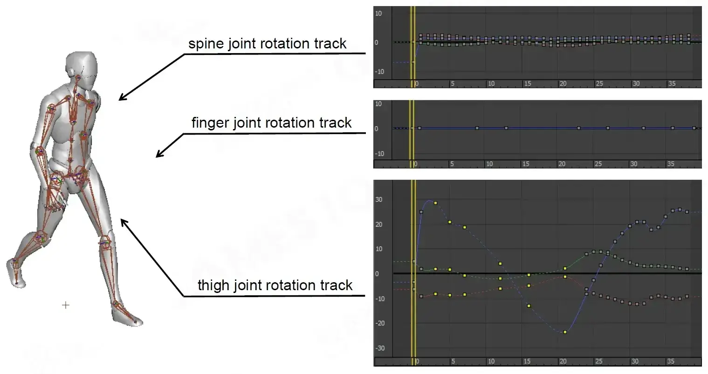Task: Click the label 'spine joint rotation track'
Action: point(267,44)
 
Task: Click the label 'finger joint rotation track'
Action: point(271,123)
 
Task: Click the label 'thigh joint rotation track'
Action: point(275,285)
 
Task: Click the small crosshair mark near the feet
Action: point(66,305)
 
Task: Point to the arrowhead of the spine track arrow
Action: point(120,99)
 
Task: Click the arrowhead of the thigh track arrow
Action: point(123,220)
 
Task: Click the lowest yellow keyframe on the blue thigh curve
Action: point(565,332)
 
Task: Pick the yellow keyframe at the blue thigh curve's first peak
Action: point(435,203)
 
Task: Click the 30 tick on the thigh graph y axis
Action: point(379,199)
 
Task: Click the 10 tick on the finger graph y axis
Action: point(378,103)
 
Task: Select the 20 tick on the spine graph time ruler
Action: point(563,84)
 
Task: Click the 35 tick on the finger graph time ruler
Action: point(670,164)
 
